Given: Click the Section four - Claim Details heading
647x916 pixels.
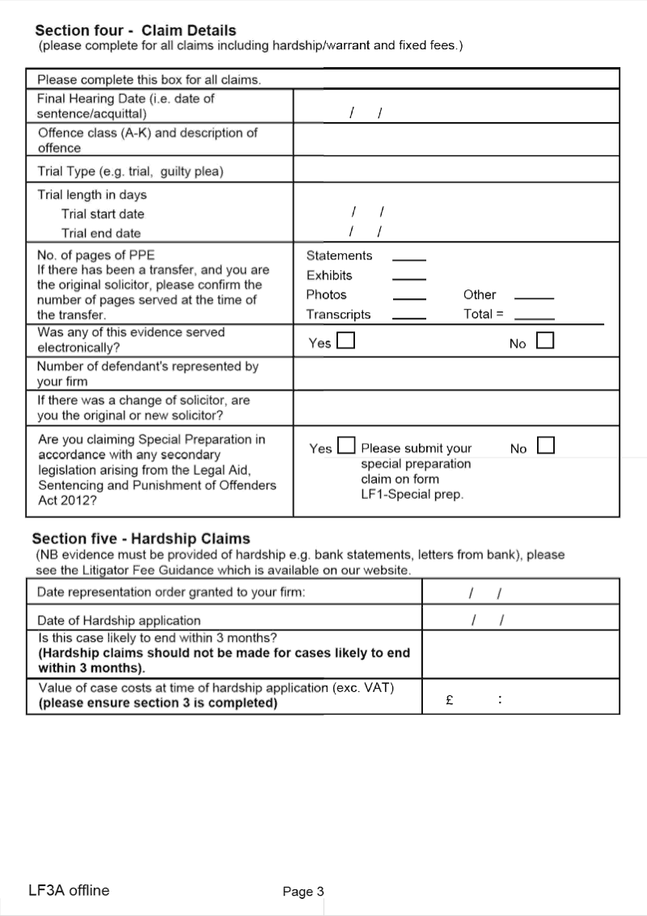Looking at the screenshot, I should point(136,30).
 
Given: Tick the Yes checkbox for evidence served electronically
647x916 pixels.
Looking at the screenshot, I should point(345,341).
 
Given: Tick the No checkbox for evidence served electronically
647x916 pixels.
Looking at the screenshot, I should point(545,341).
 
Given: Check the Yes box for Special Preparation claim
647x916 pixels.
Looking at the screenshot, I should point(346,445).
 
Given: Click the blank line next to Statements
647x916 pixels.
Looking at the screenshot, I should point(408,258).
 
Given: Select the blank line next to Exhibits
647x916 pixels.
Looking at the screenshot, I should point(408,277).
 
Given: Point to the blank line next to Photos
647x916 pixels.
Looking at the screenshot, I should point(408,297).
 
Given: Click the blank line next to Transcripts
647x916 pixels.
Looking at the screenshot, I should point(408,316).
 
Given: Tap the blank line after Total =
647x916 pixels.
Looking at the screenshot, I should point(534,316).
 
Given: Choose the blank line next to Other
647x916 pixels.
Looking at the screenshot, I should point(534,297).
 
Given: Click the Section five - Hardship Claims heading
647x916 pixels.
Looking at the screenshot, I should point(141,538).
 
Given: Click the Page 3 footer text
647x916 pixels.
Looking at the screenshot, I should point(303,892).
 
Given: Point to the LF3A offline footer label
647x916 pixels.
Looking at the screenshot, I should point(68,891).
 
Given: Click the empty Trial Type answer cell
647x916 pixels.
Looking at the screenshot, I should point(456,171).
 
